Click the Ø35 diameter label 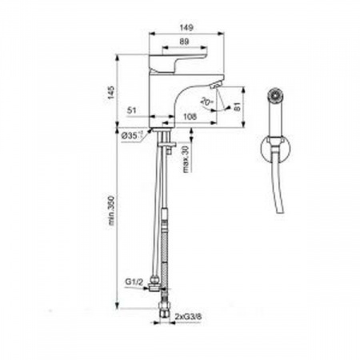coord(133,137)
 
